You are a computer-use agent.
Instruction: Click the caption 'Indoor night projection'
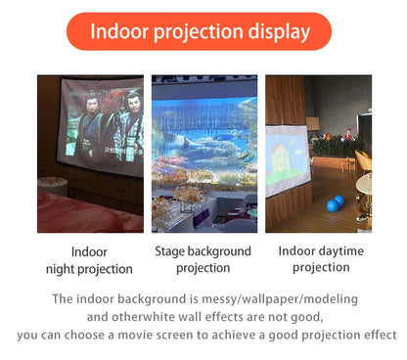point(89,260)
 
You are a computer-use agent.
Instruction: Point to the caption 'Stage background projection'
point(203,259)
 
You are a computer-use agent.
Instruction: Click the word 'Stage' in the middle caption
point(174,251)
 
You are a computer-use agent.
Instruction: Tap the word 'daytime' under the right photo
point(339,251)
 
